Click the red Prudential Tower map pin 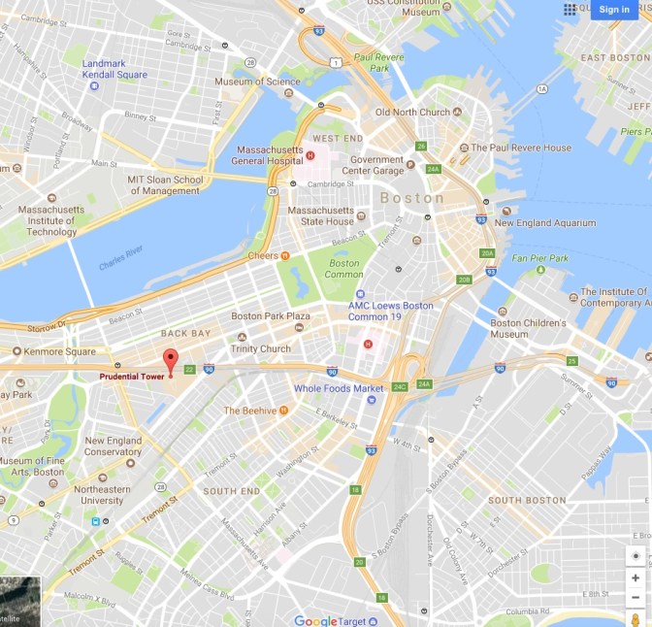171,358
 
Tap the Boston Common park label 344,269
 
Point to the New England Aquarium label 545,222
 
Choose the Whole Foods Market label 340,389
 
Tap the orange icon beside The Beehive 283,411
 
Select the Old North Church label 412,113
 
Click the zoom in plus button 635,578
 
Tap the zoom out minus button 635,597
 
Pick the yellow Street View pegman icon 635,618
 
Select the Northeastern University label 101,495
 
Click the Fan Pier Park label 540,258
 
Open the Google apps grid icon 570,10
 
